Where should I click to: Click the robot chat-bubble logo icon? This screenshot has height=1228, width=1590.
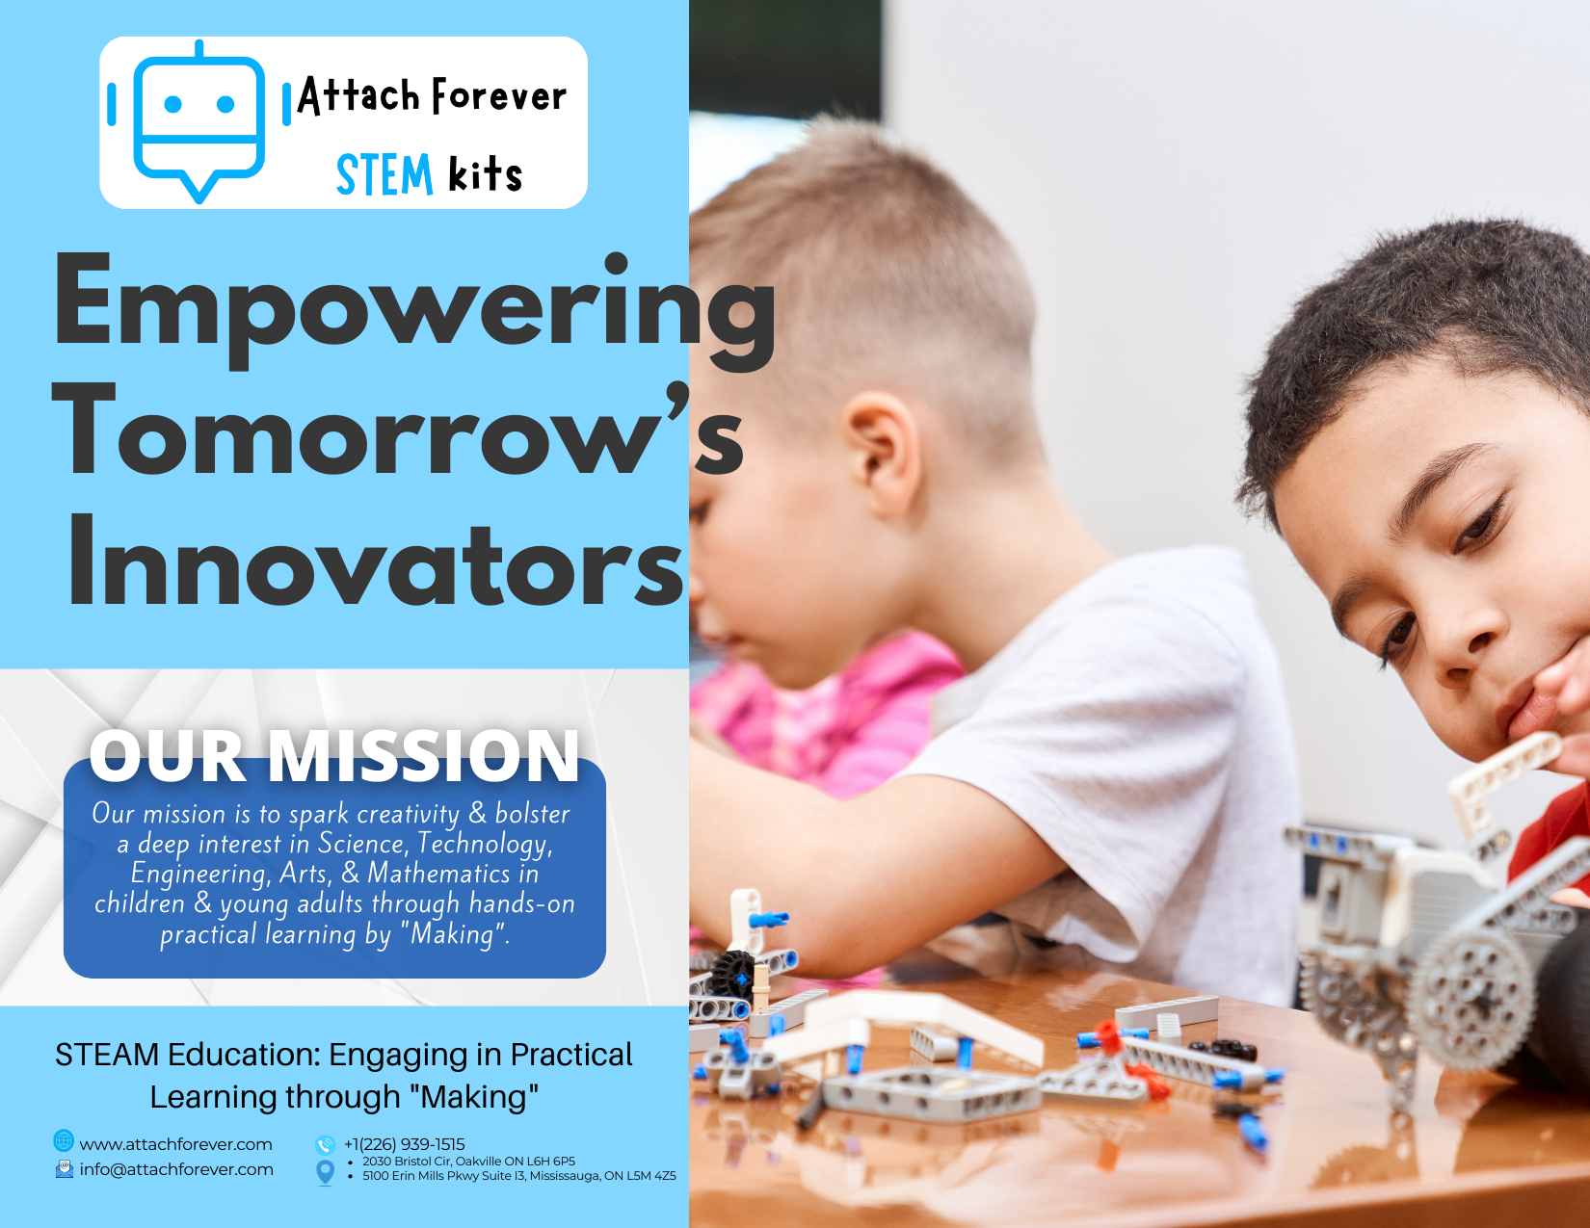199,121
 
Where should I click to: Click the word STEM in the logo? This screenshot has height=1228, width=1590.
384,175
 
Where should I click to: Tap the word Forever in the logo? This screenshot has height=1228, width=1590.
499,95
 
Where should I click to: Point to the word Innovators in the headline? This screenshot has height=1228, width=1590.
376,562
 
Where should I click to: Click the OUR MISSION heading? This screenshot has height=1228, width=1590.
334,756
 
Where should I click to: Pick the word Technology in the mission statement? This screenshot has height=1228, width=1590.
485,845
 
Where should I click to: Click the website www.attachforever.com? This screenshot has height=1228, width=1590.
175,1144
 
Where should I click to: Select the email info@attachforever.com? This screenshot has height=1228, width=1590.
176,1169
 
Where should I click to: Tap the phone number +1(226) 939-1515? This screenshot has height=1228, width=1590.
404,1144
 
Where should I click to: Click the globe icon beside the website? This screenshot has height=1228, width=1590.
64,1141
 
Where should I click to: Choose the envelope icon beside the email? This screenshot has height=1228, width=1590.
65,1168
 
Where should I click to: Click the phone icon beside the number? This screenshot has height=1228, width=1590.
325,1144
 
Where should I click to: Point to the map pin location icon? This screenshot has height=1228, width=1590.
325,1172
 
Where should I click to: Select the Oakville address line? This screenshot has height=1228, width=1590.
469,1162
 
